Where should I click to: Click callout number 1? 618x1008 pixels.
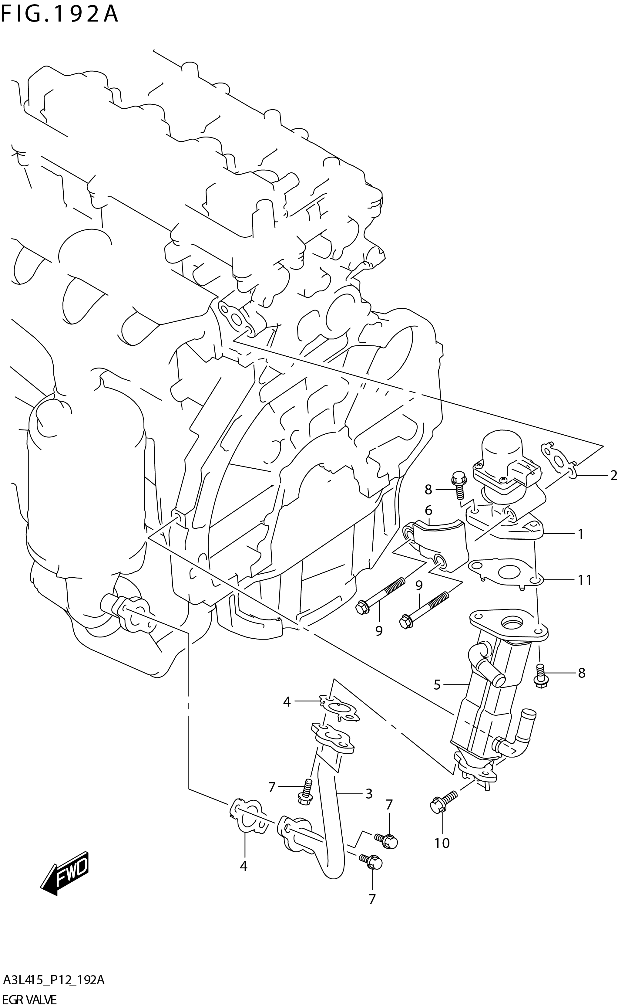pyautogui.click(x=580, y=534)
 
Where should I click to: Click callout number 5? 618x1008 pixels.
pyautogui.click(x=437, y=685)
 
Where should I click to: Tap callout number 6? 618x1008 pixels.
pyautogui.click(x=428, y=510)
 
